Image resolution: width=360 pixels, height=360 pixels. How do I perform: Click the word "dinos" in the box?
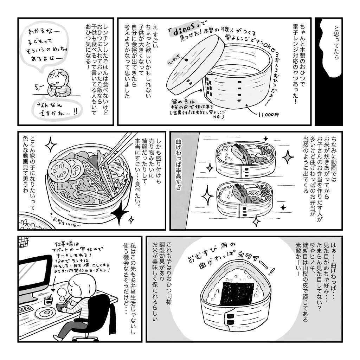(x=183, y=31)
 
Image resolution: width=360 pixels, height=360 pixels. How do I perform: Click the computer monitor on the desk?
(x=34, y=277)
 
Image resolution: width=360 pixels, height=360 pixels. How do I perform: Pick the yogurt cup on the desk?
(x=48, y=301)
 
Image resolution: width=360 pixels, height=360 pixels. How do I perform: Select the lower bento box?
(x=244, y=198)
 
